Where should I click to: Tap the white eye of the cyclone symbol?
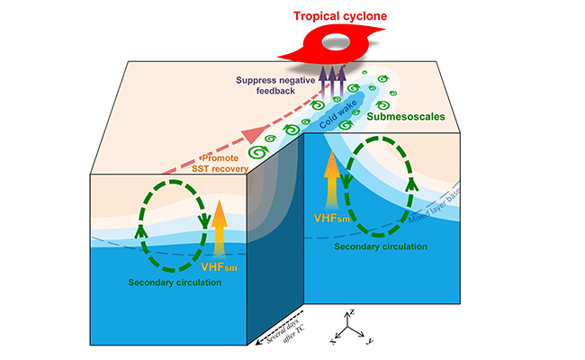coord(342,41)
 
